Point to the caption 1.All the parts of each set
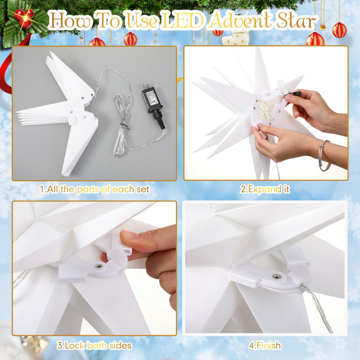click(94, 189)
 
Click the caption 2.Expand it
click(265, 189)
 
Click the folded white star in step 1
click(59, 112)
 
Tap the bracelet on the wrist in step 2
click(324, 156)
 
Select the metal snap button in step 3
click(97, 268)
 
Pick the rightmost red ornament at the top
click(339, 30)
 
